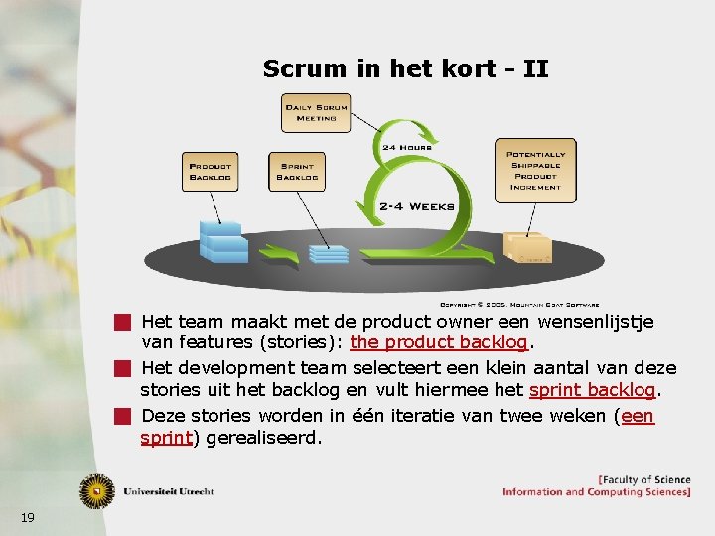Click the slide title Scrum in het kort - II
tap(405, 68)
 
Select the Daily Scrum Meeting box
tap(317, 112)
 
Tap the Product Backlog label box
tap(210, 170)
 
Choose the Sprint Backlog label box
tap(296, 170)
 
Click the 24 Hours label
tap(407, 147)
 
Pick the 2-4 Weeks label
tap(416, 206)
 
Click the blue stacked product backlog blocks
tap(223, 239)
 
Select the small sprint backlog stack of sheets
tap(327, 252)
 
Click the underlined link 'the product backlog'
tap(441, 343)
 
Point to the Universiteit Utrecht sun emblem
tap(97, 490)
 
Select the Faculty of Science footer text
tap(643, 480)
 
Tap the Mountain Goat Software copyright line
tap(518, 304)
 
